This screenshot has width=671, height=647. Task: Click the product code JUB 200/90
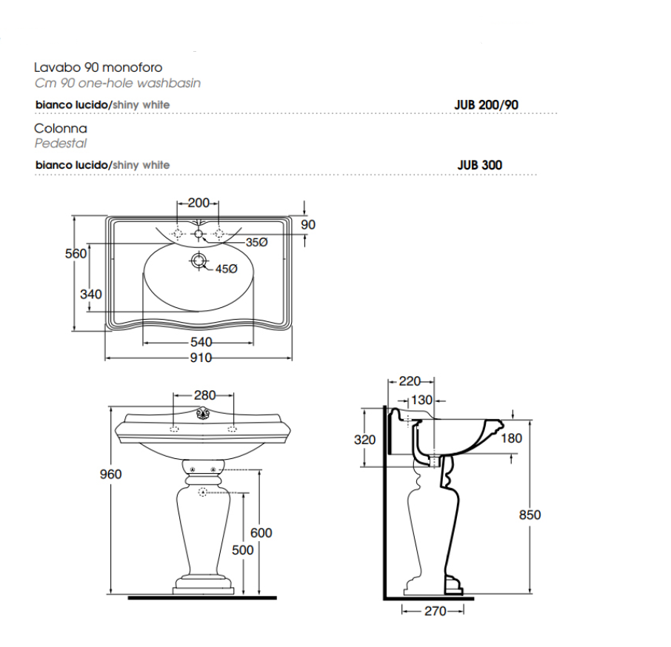[x=486, y=105]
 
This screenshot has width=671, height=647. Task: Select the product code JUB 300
[x=480, y=165]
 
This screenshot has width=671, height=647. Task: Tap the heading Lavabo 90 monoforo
[x=99, y=67]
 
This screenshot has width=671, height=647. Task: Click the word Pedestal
[x=60, y=144]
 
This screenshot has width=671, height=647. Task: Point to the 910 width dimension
[x=201, y=358]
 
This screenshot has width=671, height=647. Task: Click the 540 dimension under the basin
[x=201, y=342]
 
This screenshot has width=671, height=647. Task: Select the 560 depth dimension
[x=76, y=254]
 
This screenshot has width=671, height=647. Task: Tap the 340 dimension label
[x=90, y=294]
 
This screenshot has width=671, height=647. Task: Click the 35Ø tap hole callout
[x=257, y=243]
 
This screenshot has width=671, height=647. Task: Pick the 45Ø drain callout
[x=227, y=269]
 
